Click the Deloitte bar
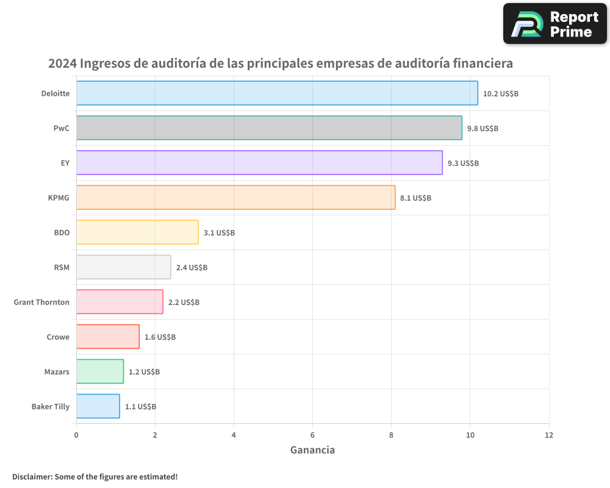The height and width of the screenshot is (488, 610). point(277,93)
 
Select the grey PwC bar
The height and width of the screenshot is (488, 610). point(269,128)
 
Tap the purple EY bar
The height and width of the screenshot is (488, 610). point(259,163)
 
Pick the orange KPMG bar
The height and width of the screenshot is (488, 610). point(235,198)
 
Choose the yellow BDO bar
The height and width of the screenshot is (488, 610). point(137,232)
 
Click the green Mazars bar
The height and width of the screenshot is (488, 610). point(100,371)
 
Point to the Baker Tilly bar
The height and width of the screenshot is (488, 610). point(98,406)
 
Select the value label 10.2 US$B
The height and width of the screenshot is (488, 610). point(500,94)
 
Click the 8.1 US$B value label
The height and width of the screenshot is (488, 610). point(415,198)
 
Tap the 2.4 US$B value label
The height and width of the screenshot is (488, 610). point(192,268)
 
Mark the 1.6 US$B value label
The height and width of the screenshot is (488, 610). point(160,337)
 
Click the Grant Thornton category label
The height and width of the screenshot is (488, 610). point(41,303)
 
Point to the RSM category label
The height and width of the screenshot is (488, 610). point(62,268)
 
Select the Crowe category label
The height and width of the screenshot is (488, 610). point(58,337)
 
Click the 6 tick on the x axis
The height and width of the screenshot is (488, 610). point(312,436)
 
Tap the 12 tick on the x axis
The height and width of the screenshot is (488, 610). point(548,436)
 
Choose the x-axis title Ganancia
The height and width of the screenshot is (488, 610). point(312,451)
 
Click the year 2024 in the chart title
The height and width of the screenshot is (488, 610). point(62,63)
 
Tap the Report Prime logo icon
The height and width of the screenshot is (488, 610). point(526,24)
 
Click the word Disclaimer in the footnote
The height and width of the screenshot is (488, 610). point(32,477)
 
